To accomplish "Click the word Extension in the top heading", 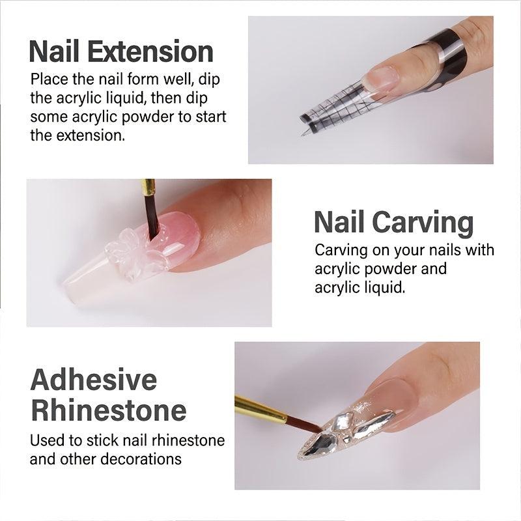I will (x=160, y=51).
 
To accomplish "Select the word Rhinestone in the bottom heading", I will (x=108, y=410).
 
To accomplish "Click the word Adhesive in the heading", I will (x=94, y=379).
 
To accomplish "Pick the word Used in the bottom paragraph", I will (x=46, y=440).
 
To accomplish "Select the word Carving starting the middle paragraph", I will (x=341, y=250).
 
